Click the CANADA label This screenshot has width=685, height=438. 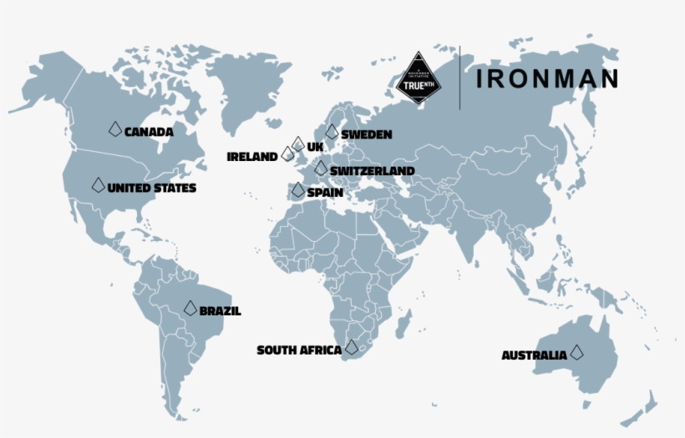pyautogui.click(x=149, y=131)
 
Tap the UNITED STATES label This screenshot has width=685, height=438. pyautogui.click(x=152, y=188)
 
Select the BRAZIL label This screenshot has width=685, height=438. pyautogui.click(x=221, y=311)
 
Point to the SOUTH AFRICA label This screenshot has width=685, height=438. pyautogui.click(x=299, y=350)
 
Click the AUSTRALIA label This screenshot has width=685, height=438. pyautogui.click(x=534, y=355)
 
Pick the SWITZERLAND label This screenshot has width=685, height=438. pyautogui.click(x=372, y=171)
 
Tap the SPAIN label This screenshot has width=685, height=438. pyautogui.click(x=325, y=192)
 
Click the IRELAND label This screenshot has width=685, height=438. pyautogui.click(x=252, y=156)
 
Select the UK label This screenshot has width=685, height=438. pyautogui.click(x=315, y=147)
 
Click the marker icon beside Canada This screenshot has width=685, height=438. pyautogui.click(x=115, y=128)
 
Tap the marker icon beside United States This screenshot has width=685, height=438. pyautogui.click(x=99, y=184)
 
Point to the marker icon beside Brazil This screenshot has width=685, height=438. pyautogui.click(x=190, y=308)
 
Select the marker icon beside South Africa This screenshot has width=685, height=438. pyautogui.click(x=352, y=347)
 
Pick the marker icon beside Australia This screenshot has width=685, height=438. pyautogui.click(x=576, y=352)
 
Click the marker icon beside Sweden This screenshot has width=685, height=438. pyautogui.click(x=332, y=131)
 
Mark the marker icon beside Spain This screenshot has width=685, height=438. pyautogui.click(x=298, y=189)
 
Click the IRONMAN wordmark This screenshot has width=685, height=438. pyautogui.click(x=547, y=78)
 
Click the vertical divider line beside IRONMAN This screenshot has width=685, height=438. pyautogui.click(x=459, y=78)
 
